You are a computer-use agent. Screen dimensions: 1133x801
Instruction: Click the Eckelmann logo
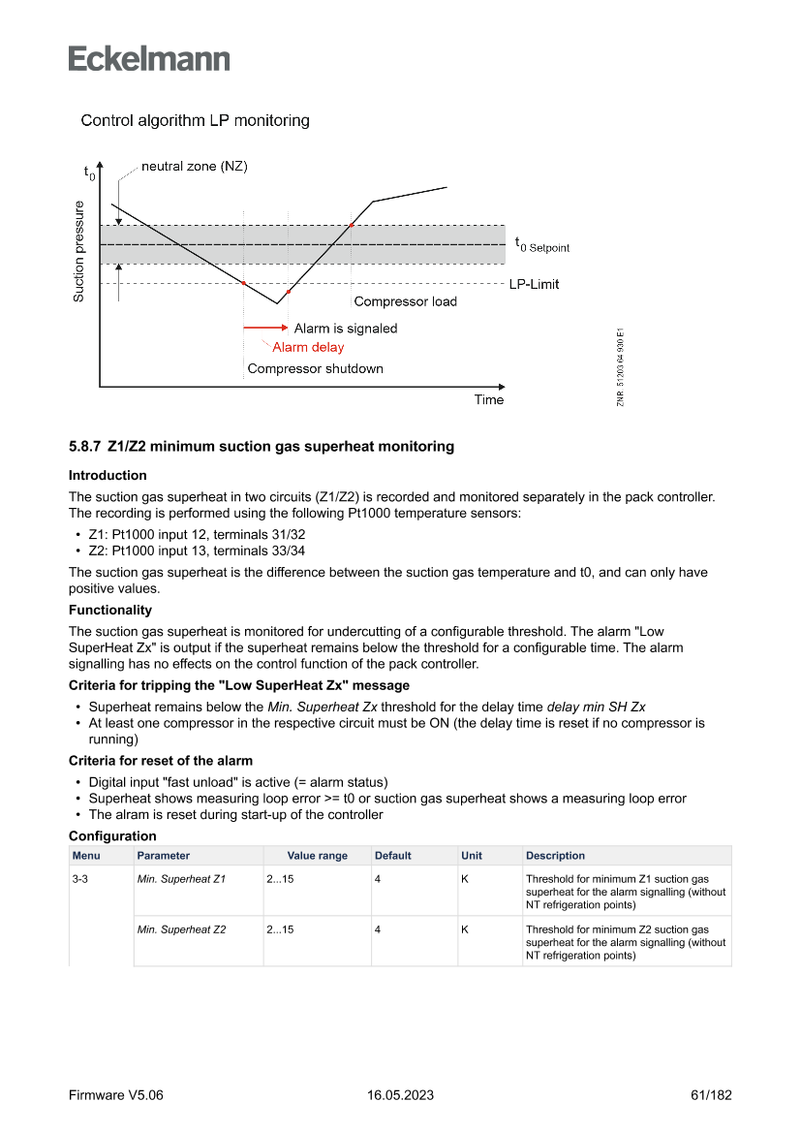pos(149,58)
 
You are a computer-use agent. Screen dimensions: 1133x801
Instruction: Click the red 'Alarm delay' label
pos(308,347)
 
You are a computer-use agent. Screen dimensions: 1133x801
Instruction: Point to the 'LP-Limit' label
pos(534,284)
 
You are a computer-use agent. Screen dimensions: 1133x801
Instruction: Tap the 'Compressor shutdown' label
pos(315,368)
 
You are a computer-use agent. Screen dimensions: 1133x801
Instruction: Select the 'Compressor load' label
pos(405,301)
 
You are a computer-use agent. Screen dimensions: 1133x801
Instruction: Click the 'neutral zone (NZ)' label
pos(194,167)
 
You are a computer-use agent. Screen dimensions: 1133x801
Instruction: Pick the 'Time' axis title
pos(489,399)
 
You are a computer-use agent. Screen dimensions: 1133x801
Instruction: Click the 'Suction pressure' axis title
pos(79,251)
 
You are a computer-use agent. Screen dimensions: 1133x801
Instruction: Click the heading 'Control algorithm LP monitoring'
pos(195,121)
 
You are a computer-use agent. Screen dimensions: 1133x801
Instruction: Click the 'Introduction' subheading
pos(108,475)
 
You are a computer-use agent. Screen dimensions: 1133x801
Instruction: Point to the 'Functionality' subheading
pos(109,610)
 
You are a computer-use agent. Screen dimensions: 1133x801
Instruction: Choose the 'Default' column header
pos(393,856)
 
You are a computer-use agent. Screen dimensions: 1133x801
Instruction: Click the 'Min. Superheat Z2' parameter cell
pos(181,929)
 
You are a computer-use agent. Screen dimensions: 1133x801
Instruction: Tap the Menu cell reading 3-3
pos(80,879)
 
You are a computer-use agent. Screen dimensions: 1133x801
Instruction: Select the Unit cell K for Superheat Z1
pos(465,879)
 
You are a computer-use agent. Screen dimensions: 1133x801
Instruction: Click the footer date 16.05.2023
pos(400,1095)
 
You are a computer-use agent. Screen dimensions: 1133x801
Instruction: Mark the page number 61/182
pos(711,1095)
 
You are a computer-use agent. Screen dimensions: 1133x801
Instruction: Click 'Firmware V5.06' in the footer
pos(116,1095)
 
